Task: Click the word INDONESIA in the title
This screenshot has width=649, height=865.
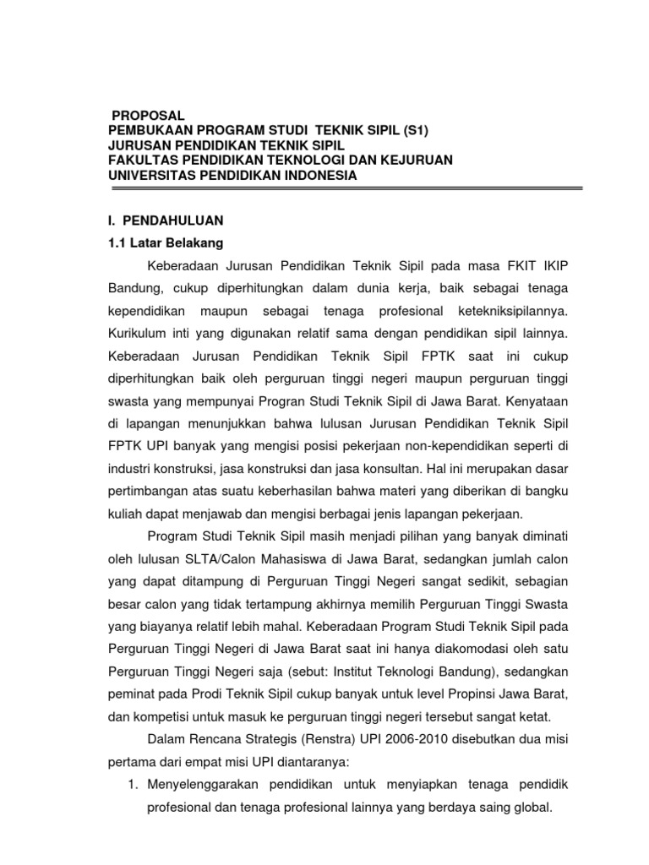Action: coord(315,176)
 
